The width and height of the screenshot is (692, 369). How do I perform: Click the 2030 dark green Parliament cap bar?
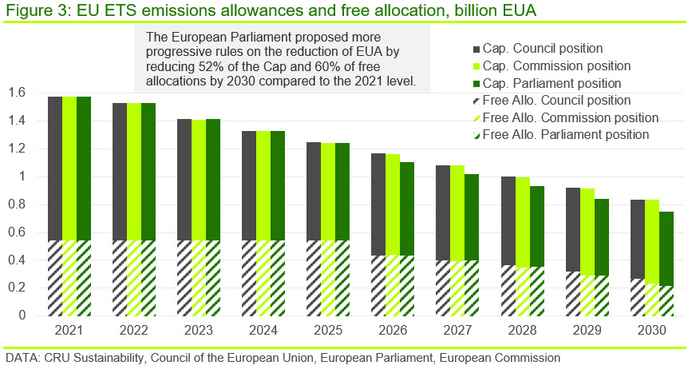pos(666,249)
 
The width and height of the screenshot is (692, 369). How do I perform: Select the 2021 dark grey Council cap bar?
pos(55,169)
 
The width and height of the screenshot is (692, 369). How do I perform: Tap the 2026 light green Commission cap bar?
pos(393,204)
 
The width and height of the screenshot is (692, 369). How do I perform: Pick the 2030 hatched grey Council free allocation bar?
pos(638,297)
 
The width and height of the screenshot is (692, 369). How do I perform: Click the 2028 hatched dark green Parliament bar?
pos(537,292)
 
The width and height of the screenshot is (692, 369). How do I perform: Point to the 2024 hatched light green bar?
pos(263,278)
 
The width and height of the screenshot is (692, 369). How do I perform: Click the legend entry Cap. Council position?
pos(538,49)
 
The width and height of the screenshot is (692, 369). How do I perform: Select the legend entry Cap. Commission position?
pos(552,66)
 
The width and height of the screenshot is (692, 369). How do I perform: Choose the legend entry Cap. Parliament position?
pos(548,83)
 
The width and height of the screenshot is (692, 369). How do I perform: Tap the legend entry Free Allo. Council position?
pos(552,100)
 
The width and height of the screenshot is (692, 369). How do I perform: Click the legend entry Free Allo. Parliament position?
pos(561,135)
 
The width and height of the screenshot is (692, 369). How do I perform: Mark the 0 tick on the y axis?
pos(22,315)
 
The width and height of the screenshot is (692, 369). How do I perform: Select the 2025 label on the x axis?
pos(328,330)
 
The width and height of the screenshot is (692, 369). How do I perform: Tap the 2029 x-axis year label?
pos(587,330)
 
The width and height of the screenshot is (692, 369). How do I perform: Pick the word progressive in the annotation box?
pos(179,52)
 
